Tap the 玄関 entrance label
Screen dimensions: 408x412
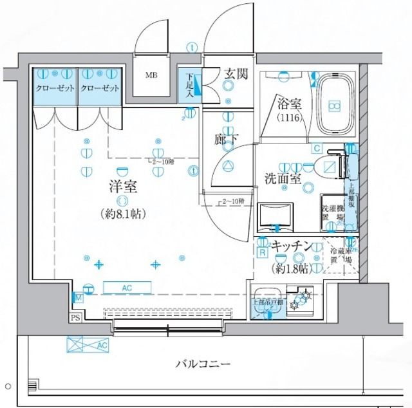coord(236,74)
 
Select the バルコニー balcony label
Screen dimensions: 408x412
coord(203,364)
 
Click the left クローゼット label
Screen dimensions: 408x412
coord(55,88)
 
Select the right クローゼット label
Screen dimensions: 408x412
coord(100,88)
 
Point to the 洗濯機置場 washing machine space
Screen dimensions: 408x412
coord(333,213)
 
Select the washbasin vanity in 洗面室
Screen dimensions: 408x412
coord(275,216)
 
